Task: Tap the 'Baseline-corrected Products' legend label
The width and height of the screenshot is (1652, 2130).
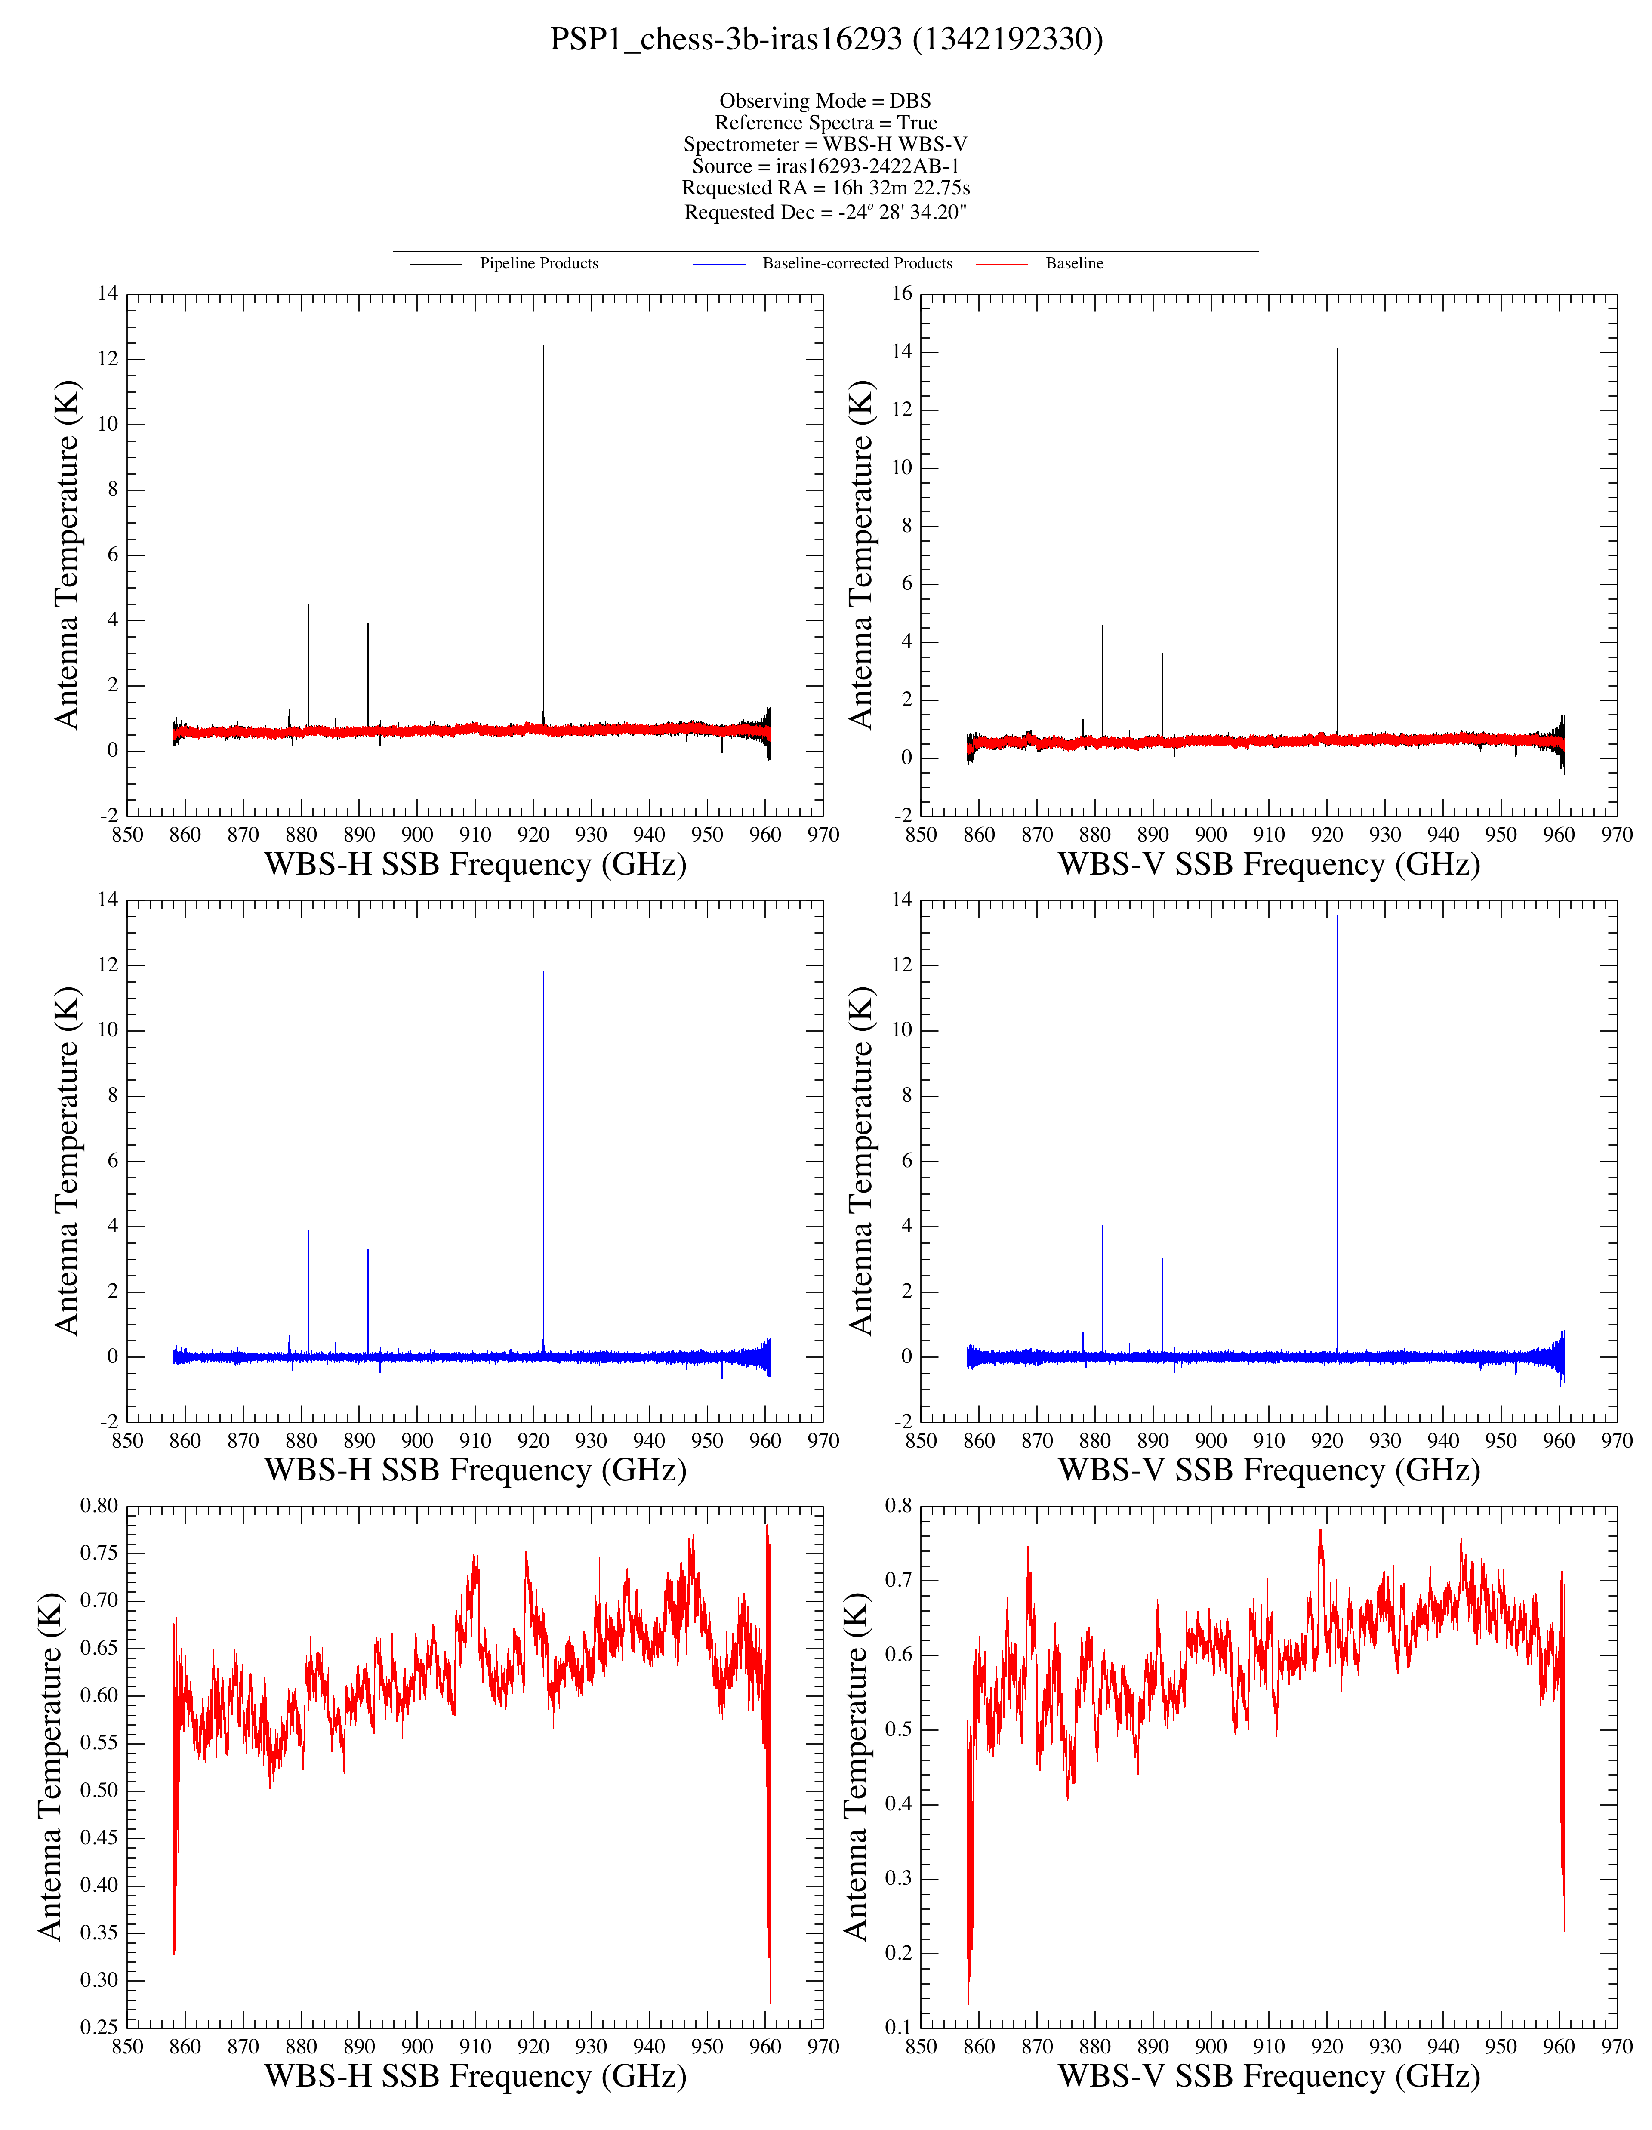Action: [x=857, y=263]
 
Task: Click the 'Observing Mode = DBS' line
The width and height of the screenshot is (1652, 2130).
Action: [x=825, y=100]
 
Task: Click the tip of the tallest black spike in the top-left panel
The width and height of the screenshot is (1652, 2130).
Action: [x=543, y=345]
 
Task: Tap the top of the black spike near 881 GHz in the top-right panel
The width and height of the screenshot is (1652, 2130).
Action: [x=1102, y=626]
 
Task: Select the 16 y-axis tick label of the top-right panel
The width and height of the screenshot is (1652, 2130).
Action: [x=901, y=293]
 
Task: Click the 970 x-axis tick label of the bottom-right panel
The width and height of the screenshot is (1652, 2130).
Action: [x=1616, y=2047]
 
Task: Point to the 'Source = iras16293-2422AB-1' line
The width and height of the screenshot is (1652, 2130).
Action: [x=825, y=166]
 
